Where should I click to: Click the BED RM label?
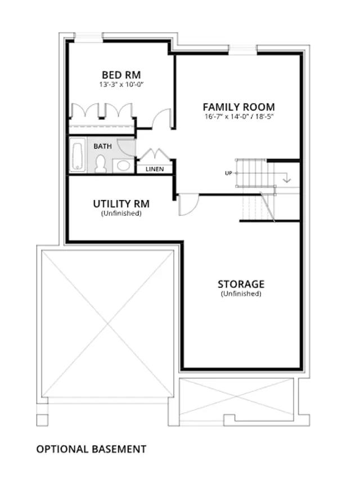pos(121,75)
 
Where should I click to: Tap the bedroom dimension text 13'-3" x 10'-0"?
pos(120,85)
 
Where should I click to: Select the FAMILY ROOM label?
pos(238,107)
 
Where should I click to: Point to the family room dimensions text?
pos(239,117)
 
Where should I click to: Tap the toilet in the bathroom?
pos(101,164)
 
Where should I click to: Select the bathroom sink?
pos(124,166)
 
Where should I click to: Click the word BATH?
pos(102,146)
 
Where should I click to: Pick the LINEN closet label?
pos(155,169)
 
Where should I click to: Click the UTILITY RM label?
pos(121,204)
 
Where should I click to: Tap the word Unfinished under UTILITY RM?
pos(121,213)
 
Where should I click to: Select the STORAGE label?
pos(241,284)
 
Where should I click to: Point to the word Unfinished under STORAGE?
pos(241,294)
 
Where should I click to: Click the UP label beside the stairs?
pos(228,173)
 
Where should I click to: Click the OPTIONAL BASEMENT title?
pos(92,449)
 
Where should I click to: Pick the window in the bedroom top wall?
pos(88,37)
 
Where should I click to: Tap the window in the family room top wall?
pos(243,50)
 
